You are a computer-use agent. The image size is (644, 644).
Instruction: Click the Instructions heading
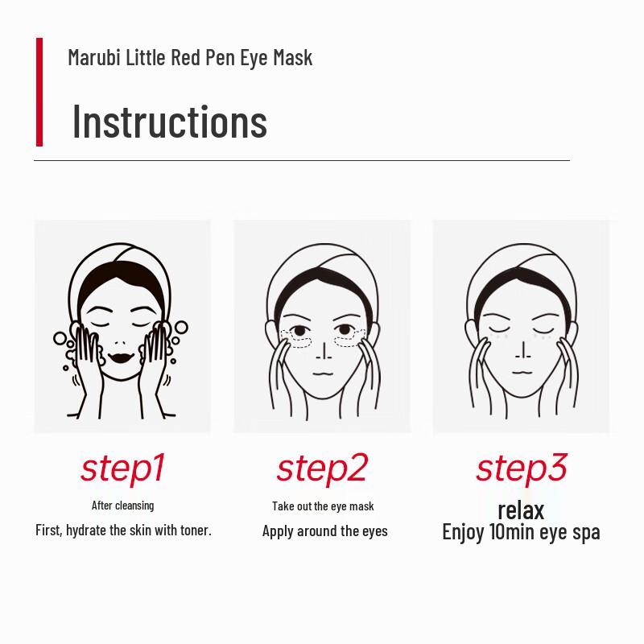169,122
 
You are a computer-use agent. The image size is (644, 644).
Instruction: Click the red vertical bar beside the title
39,92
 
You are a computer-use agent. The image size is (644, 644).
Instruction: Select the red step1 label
122,468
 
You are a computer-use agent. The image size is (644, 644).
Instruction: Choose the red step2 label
322,468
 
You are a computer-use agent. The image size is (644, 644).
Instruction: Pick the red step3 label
521,468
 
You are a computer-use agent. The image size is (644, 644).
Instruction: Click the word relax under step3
521,510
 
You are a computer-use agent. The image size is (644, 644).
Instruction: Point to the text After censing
122,506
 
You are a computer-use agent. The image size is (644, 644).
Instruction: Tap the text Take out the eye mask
323,506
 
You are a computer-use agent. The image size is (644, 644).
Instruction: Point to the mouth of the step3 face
521,372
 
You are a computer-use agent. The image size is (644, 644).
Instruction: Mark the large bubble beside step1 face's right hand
181,328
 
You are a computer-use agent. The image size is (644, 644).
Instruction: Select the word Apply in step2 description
278,531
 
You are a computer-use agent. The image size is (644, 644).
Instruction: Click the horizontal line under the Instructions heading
302,160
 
